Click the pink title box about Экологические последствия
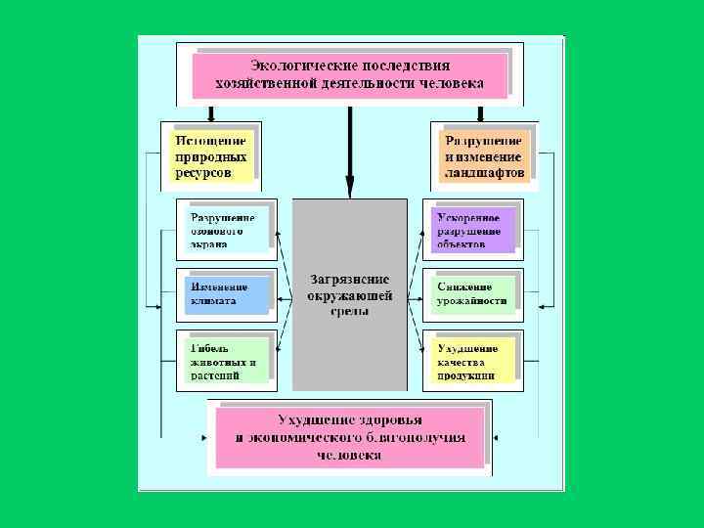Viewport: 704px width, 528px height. coord(350,73)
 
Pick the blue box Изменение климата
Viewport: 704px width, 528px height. coord(226,294)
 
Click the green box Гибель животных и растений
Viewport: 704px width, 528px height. coord(226,360)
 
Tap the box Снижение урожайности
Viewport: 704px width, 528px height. coord(472,294)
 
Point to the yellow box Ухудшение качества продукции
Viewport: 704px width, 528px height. coord(472,360)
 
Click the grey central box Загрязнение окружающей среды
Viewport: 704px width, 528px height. coord(350,294)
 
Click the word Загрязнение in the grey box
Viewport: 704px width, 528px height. coord(350,278)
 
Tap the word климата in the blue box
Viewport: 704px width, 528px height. coord(213,301)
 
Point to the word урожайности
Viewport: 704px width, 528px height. coord(472,301)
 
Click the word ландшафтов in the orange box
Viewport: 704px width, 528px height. coord(485,173)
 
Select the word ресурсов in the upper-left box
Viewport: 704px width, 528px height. coord(203,173)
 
